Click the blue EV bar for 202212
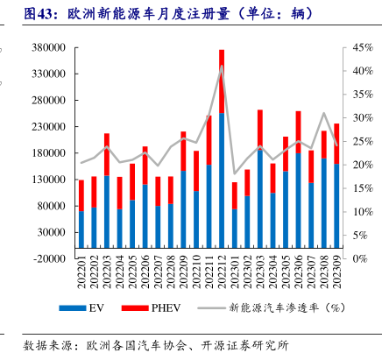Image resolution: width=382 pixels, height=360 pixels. [x=222, y=180]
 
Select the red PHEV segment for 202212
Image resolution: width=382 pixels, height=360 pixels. [x=222, y=81]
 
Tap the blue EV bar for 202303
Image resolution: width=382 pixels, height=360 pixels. [x=260, y=199]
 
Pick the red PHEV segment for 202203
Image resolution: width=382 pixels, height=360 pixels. [x=107, y=154]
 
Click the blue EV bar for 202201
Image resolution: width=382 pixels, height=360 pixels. [x=81, y=229]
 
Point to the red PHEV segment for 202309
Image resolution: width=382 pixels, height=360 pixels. [x=336, y=144]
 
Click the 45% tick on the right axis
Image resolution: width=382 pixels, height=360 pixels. [x=363, y=47]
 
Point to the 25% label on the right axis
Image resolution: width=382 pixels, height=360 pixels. [x=363, y=141]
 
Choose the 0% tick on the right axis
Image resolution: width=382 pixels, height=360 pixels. [x=360, y=258]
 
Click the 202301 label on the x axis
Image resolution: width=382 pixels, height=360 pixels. [x=235, y=272]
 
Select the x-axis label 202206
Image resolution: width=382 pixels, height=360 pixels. [x=145, y=272]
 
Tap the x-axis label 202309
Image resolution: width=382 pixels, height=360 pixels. [x=336, y=272]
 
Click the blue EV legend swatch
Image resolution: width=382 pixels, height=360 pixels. [x=73, y=308]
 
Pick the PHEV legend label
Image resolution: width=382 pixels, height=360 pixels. [x=166, y=308]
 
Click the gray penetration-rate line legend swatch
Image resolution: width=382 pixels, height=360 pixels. [x=211, y=307]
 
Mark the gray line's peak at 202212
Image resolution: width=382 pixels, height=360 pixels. [x=222, y=66]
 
